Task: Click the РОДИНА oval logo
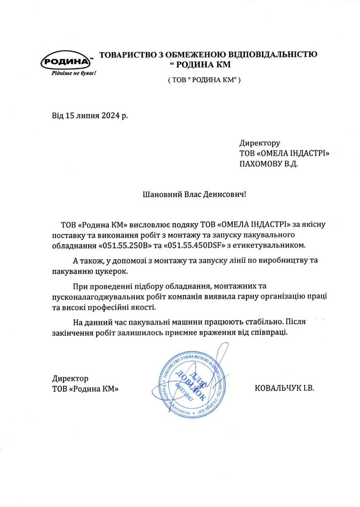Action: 67,61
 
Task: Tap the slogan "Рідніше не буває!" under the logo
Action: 74,73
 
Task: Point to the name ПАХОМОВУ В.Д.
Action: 269,164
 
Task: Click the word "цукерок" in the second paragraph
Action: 111,271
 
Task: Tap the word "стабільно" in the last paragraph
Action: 257,322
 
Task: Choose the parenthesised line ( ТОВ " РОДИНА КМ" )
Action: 205,79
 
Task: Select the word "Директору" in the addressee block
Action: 260,143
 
